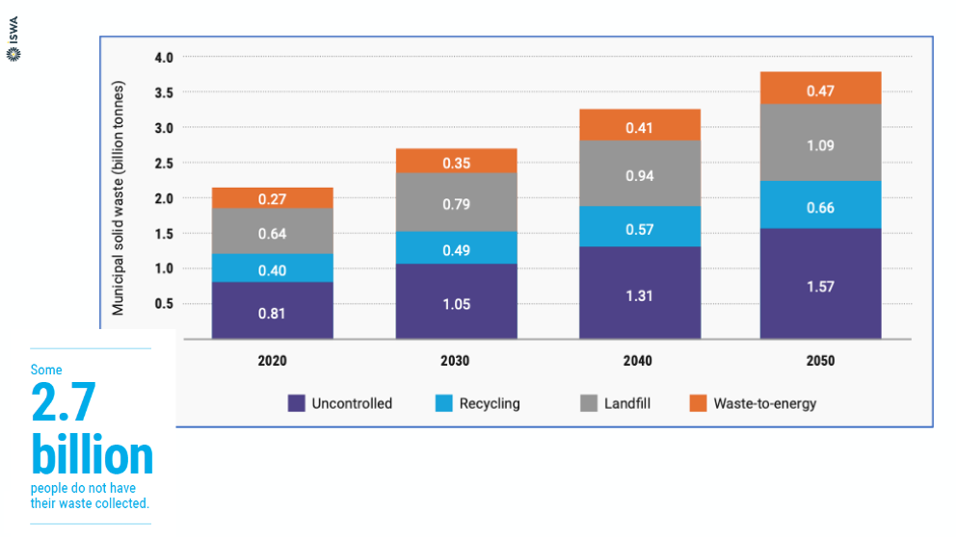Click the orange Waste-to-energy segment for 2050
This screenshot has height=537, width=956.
820,89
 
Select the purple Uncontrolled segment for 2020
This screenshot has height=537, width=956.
272,310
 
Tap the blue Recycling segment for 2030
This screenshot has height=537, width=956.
456,247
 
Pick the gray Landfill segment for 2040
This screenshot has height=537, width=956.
640,173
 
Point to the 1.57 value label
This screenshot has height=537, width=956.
820,287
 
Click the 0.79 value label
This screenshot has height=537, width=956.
456,204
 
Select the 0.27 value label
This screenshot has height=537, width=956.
272,199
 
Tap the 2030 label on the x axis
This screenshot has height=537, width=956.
455,361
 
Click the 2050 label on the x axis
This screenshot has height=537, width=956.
820,361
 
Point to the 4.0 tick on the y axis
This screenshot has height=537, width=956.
164,58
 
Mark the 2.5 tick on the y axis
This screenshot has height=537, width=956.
164,164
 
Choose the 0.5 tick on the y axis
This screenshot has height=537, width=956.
164,303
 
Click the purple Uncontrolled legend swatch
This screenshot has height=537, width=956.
296,403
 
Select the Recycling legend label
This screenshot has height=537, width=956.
490,403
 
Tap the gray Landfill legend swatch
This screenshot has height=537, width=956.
589,403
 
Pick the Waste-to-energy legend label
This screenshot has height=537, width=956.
764,403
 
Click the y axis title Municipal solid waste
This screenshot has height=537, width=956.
118,198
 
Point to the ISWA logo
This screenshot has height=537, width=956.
13,38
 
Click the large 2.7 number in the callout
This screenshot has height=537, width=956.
64,401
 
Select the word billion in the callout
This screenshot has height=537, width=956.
93,455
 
